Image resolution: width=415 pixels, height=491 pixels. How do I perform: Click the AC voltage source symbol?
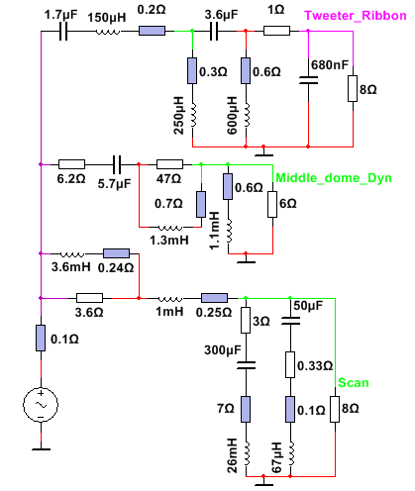click(41, 405)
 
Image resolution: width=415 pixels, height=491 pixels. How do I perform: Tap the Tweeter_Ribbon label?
click(356, 16)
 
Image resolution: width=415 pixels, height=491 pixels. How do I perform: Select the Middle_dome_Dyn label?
click(334, 178)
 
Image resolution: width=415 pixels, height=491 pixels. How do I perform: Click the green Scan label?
click(354, 383)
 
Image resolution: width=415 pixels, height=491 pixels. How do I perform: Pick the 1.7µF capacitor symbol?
click(63, 32)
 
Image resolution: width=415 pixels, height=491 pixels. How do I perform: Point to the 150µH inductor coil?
click(108, 32)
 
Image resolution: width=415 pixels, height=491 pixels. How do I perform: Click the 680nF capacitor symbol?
click(308, 80)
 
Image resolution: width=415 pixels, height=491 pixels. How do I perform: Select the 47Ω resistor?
click(169, 164)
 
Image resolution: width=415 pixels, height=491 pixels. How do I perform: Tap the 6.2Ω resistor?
click(71, 164)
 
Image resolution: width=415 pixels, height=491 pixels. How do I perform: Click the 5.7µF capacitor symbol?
click(117, 164)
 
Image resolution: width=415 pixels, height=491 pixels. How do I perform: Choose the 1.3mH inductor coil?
click(170, 228)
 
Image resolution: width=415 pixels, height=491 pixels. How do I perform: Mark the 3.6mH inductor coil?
click(71, 254)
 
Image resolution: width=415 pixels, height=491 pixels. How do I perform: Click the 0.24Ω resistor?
click(116, 253)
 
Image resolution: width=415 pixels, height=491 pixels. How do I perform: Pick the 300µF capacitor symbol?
click(246, 365)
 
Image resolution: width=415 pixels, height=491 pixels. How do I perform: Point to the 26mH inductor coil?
click(247, 453)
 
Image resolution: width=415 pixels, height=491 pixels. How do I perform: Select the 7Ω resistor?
click(246, 409)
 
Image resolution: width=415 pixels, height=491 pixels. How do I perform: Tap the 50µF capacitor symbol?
click(290, 321)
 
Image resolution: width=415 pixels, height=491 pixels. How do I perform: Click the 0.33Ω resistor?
click(290, 364)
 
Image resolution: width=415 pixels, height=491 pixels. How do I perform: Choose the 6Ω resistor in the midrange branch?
click(272, 204)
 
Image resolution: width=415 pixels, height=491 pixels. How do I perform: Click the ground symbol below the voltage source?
click(42, 449)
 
